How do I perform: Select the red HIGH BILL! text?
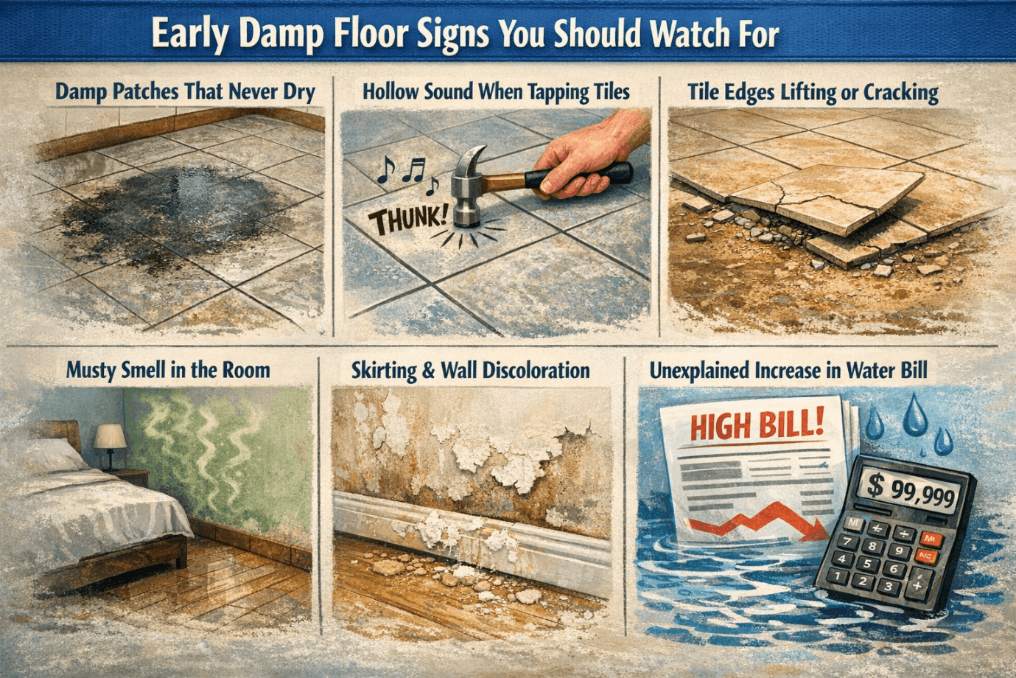(757, 427)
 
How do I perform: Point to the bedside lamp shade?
(110, 436)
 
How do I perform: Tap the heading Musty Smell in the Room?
(168, 370)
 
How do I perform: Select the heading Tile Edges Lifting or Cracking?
(813, 93)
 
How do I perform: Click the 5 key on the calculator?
(867, 564)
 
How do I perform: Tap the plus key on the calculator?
(917, 584)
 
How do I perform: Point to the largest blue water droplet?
(914, 414)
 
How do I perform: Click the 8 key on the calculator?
(872, 546)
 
